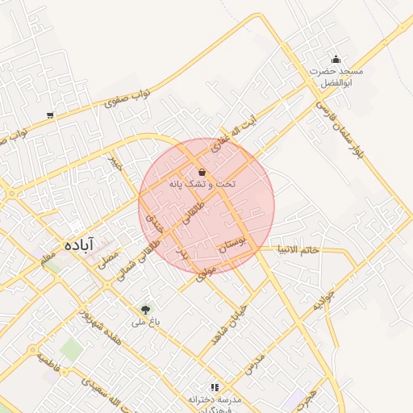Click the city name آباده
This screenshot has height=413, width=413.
[81, 244]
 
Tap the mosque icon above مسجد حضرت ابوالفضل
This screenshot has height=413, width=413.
[336, 59]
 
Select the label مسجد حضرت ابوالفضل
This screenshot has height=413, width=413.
[337, 77]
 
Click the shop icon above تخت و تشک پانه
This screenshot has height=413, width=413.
[201, 172]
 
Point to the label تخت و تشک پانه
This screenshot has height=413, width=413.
[202, 185]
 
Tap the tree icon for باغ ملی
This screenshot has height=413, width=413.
[145, 309]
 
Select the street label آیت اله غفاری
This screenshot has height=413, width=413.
[232, 134]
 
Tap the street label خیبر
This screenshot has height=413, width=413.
[119, 164]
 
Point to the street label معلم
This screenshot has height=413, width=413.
[48, 258]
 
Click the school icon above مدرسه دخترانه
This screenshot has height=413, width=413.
[214, 387]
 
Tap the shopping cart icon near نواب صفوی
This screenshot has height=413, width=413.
[51, 115]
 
